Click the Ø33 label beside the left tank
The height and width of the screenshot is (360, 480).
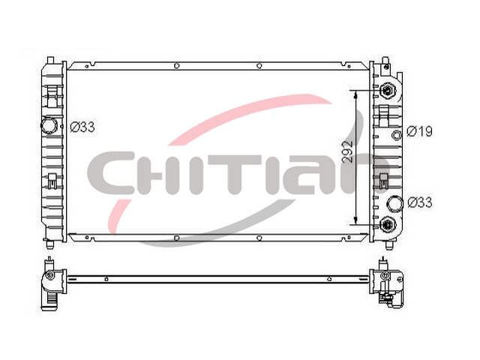pos(82,127)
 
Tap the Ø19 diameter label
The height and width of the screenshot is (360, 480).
pos(419,131)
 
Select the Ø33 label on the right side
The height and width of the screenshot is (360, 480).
pos(420,202)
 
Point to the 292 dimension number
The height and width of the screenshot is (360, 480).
pos(347,151)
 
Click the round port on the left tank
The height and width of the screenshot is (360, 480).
pos(49,125)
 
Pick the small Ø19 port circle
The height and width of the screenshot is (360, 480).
pos(397,135)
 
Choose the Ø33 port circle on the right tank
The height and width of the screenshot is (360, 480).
pos(395,203)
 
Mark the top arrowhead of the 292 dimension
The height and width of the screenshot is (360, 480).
pos(355,94)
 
